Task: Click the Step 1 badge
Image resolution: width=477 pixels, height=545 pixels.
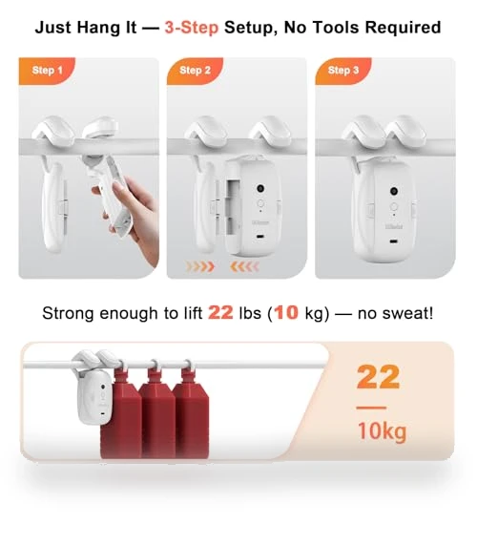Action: click(x=47, y=71)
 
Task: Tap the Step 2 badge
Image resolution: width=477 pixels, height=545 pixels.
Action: click(x=195, y=71)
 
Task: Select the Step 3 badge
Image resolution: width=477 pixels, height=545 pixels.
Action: click(x=343, y=71)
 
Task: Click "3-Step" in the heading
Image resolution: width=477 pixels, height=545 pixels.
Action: click(x=192, y=28)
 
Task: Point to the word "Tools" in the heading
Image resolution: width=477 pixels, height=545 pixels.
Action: click(x=337, y=28)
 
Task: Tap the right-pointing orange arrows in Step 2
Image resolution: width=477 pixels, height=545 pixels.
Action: click(x=200, y=267)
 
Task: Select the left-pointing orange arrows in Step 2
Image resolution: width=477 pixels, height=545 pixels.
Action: click(x=244, y=267)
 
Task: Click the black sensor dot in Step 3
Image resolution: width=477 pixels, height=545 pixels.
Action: click(x=394, y=191)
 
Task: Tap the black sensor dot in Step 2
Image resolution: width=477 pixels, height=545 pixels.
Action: click(x=260, y=188)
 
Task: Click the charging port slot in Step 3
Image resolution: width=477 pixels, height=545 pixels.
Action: click(x=393, y=241)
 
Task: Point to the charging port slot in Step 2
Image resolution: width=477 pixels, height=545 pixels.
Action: click(x=259, y=237)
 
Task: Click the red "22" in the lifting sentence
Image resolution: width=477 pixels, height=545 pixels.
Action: click(x=220, y=313)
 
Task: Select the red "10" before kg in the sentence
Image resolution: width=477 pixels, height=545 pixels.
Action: click(x=286, y=313)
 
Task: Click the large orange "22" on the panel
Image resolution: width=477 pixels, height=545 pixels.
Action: click(x=379, y=377)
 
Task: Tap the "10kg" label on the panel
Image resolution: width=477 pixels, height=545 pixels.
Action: click(x=382, y=431)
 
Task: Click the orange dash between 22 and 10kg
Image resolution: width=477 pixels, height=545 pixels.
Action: click(x=371, y=408)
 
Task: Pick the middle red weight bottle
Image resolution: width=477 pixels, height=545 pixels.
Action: click(x=157, y=413)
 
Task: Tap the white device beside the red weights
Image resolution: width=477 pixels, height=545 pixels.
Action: click(x=93, y=389)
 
